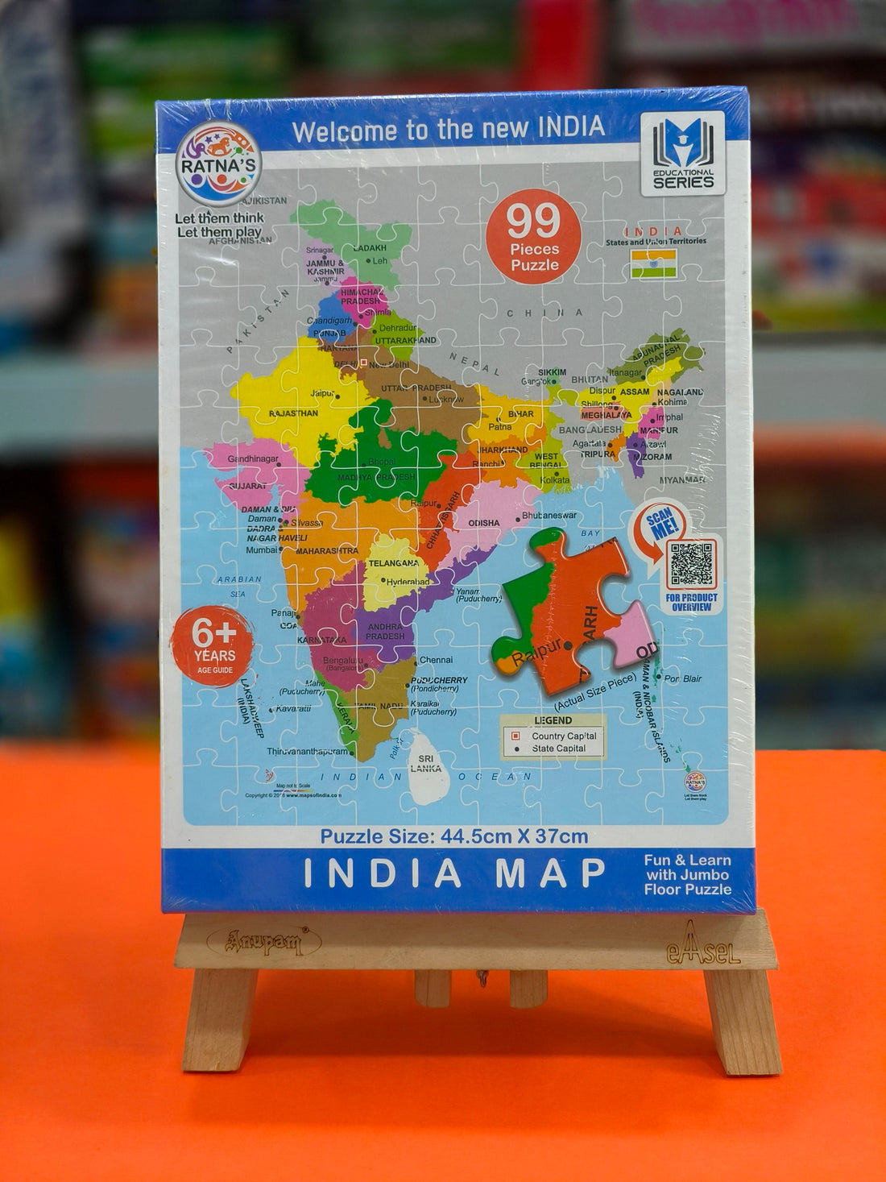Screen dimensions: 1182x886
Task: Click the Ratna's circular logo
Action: tap(218, 164)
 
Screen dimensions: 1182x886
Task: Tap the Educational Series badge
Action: tap(683, 153)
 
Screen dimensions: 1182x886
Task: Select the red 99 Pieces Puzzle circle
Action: tap(533, 236)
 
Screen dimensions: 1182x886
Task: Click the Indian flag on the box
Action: tap(653, 263)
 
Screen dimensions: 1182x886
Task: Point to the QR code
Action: tap(691, 564)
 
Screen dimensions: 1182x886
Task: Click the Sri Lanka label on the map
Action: tap(426, 763)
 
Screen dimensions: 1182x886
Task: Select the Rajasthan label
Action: tap(293, 413)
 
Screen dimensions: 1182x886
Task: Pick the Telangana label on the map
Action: tap(393, 563)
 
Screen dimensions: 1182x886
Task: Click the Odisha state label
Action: tap(484, 523)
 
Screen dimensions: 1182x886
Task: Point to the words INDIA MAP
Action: tap(454, 873)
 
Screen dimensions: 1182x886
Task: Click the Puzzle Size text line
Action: tap(454, 836)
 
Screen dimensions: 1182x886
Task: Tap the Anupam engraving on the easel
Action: tap(263, 940)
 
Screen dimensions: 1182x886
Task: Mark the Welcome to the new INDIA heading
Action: tap(448, 129)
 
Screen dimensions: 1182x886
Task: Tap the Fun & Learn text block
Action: tap(687, 875)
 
